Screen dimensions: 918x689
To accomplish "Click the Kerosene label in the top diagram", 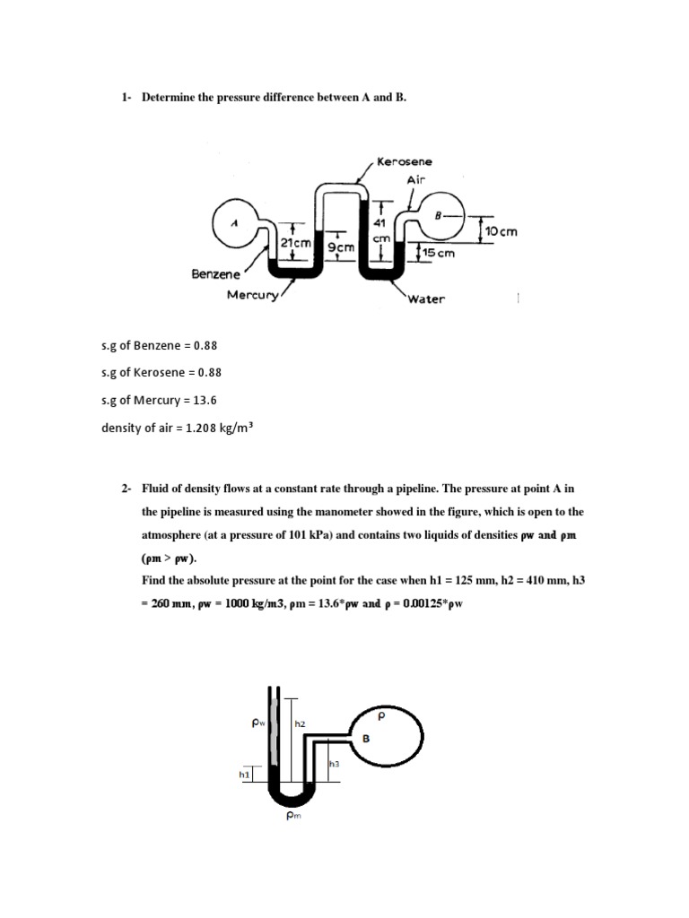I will pyautogui.click(x=404, y=161).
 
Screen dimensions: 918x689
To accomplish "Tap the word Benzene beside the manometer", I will pyautogui.click(x=215, y=274).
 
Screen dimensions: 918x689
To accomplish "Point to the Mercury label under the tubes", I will pyautogui.click(x=254, y=294).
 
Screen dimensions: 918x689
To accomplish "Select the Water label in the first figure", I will pyautogui.click(x=425, y=299).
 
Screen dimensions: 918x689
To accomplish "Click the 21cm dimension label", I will pyautogui.click(x=296, y=243).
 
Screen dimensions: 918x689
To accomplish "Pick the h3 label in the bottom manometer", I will pyautogui.click(x=335, y=763).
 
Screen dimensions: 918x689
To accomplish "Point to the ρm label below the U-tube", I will pyautogui.click(x=292, y=815).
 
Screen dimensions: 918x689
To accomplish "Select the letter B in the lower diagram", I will pyautogui.click(x=366, y=738).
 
